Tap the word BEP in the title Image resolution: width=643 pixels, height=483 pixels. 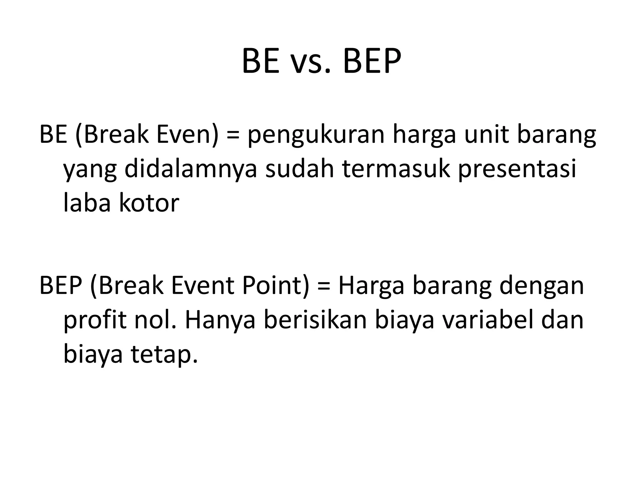point(372,61)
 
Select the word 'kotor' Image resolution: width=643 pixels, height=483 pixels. point(149,203)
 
